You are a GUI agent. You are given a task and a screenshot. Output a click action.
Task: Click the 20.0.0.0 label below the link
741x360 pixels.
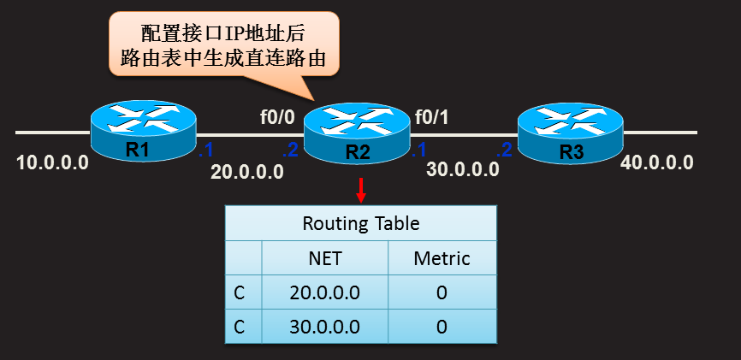click(x=247, y=173)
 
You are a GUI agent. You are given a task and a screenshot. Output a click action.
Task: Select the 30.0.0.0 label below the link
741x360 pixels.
click(x=463, y=168)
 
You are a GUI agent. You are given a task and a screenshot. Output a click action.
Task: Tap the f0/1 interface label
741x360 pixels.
click(x=432, y=116)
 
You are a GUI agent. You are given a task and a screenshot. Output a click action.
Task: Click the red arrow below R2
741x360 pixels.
click(x=361, y=190)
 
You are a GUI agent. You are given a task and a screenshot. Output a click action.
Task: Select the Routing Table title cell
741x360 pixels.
click(x=361, y=223)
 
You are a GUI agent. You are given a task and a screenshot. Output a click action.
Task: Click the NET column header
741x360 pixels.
click(x=324, y=257)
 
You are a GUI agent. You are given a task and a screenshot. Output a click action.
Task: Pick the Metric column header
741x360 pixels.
click(x=442, y=257)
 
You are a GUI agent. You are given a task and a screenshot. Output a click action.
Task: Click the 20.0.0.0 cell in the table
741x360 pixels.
click(x=324, y=292)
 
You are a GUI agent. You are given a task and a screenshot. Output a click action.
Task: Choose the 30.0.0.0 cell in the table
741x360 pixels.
click(x=324, y=326)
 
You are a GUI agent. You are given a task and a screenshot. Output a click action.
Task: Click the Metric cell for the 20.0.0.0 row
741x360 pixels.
click(x=442, y=292)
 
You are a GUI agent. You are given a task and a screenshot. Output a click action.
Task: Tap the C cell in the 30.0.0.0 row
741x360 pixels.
click(x=242, y=326)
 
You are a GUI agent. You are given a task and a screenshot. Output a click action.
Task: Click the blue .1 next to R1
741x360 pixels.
click(x=205, y=151)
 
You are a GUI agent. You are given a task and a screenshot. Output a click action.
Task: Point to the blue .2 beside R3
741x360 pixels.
click(x=505, y=151)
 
